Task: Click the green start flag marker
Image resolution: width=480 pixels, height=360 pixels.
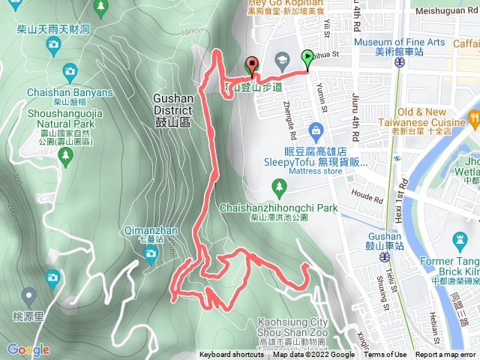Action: pyautogui.click(x=307, y=57)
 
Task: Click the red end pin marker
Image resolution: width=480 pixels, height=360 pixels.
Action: pyautogui.click(x=250, y=65)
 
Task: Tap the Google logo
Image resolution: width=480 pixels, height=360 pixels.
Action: pyautogui.click(x=28, y=349)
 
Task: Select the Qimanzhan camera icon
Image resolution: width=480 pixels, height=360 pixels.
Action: pyautogui.click(x=151, y=254)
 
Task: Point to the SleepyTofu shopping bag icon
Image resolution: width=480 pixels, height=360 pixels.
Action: pyautogui.click(x=316, y=133)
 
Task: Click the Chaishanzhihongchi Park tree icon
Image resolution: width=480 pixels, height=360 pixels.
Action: pyautogui.click(x=280, y=185)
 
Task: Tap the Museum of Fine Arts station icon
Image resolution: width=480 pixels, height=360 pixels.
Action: pyautogui.click(x=398, y=63)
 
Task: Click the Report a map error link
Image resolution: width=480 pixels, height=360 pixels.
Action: pyautogui.click(x=445, y=355)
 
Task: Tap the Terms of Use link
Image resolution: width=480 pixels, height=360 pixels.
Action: pyautogui.click(x=385, y=355)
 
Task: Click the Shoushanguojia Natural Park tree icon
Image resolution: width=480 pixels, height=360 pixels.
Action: pyautogui.click(x=65, y=155)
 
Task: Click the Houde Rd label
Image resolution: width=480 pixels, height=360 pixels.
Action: pyautogui.click(x=367, y=196)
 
